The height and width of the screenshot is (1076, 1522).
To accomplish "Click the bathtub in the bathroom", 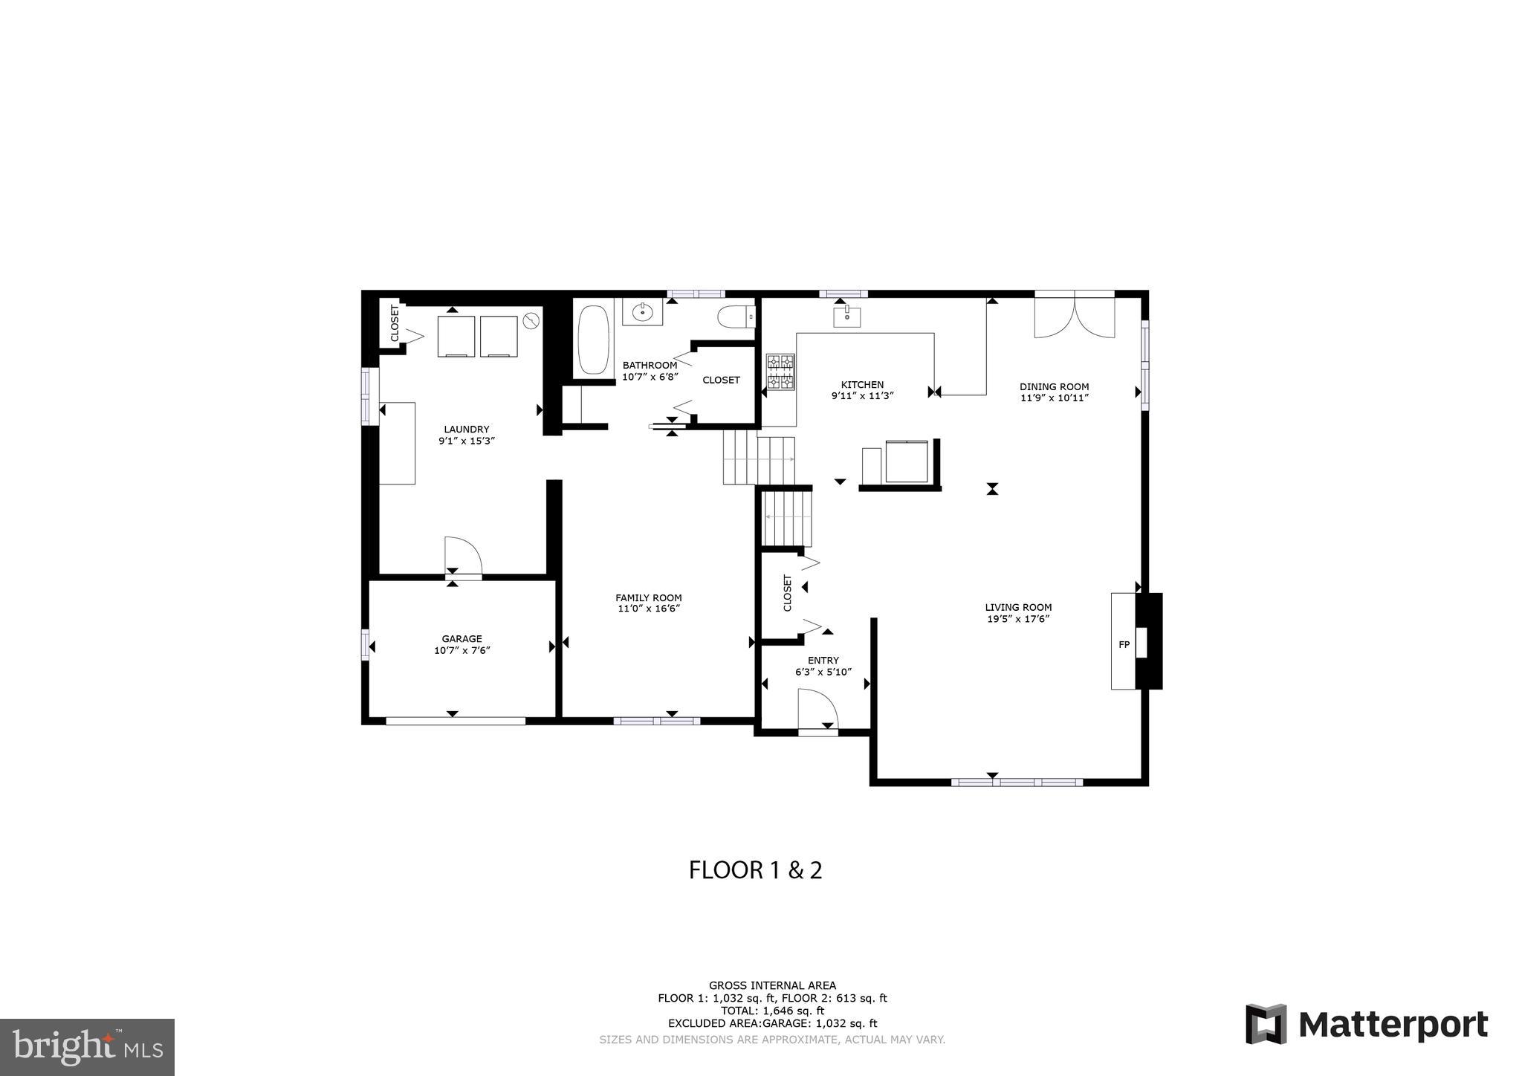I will coord(592,340).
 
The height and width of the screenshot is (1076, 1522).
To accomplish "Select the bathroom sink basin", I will coord(642,313).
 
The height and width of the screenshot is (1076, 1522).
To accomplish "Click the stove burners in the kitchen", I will coord(780,372).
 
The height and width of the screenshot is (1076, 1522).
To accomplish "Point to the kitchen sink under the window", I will coord(847,317).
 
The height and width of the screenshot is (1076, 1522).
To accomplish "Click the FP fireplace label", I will coord(1124,644).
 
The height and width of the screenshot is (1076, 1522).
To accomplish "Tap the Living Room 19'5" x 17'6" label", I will coord(1018,613).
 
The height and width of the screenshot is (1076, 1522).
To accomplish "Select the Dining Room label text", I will coord(1054,392).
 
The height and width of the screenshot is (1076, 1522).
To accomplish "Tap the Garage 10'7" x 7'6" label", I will coord(462,644).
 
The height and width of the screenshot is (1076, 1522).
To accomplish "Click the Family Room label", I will coord(648,603).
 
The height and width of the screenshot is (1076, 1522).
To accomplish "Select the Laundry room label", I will coord(466,435).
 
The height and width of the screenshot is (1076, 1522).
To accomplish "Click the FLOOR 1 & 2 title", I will coord(755,870).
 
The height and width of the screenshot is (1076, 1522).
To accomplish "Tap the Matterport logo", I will coord(1366,1025).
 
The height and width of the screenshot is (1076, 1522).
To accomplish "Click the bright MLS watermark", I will coord(87,1047).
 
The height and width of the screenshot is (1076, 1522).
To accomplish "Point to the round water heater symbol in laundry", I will coord(531,321).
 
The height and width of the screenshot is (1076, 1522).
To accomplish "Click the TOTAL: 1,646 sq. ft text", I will coord(772,1011).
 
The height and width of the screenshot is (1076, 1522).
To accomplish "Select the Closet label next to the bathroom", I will coord(721,380).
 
